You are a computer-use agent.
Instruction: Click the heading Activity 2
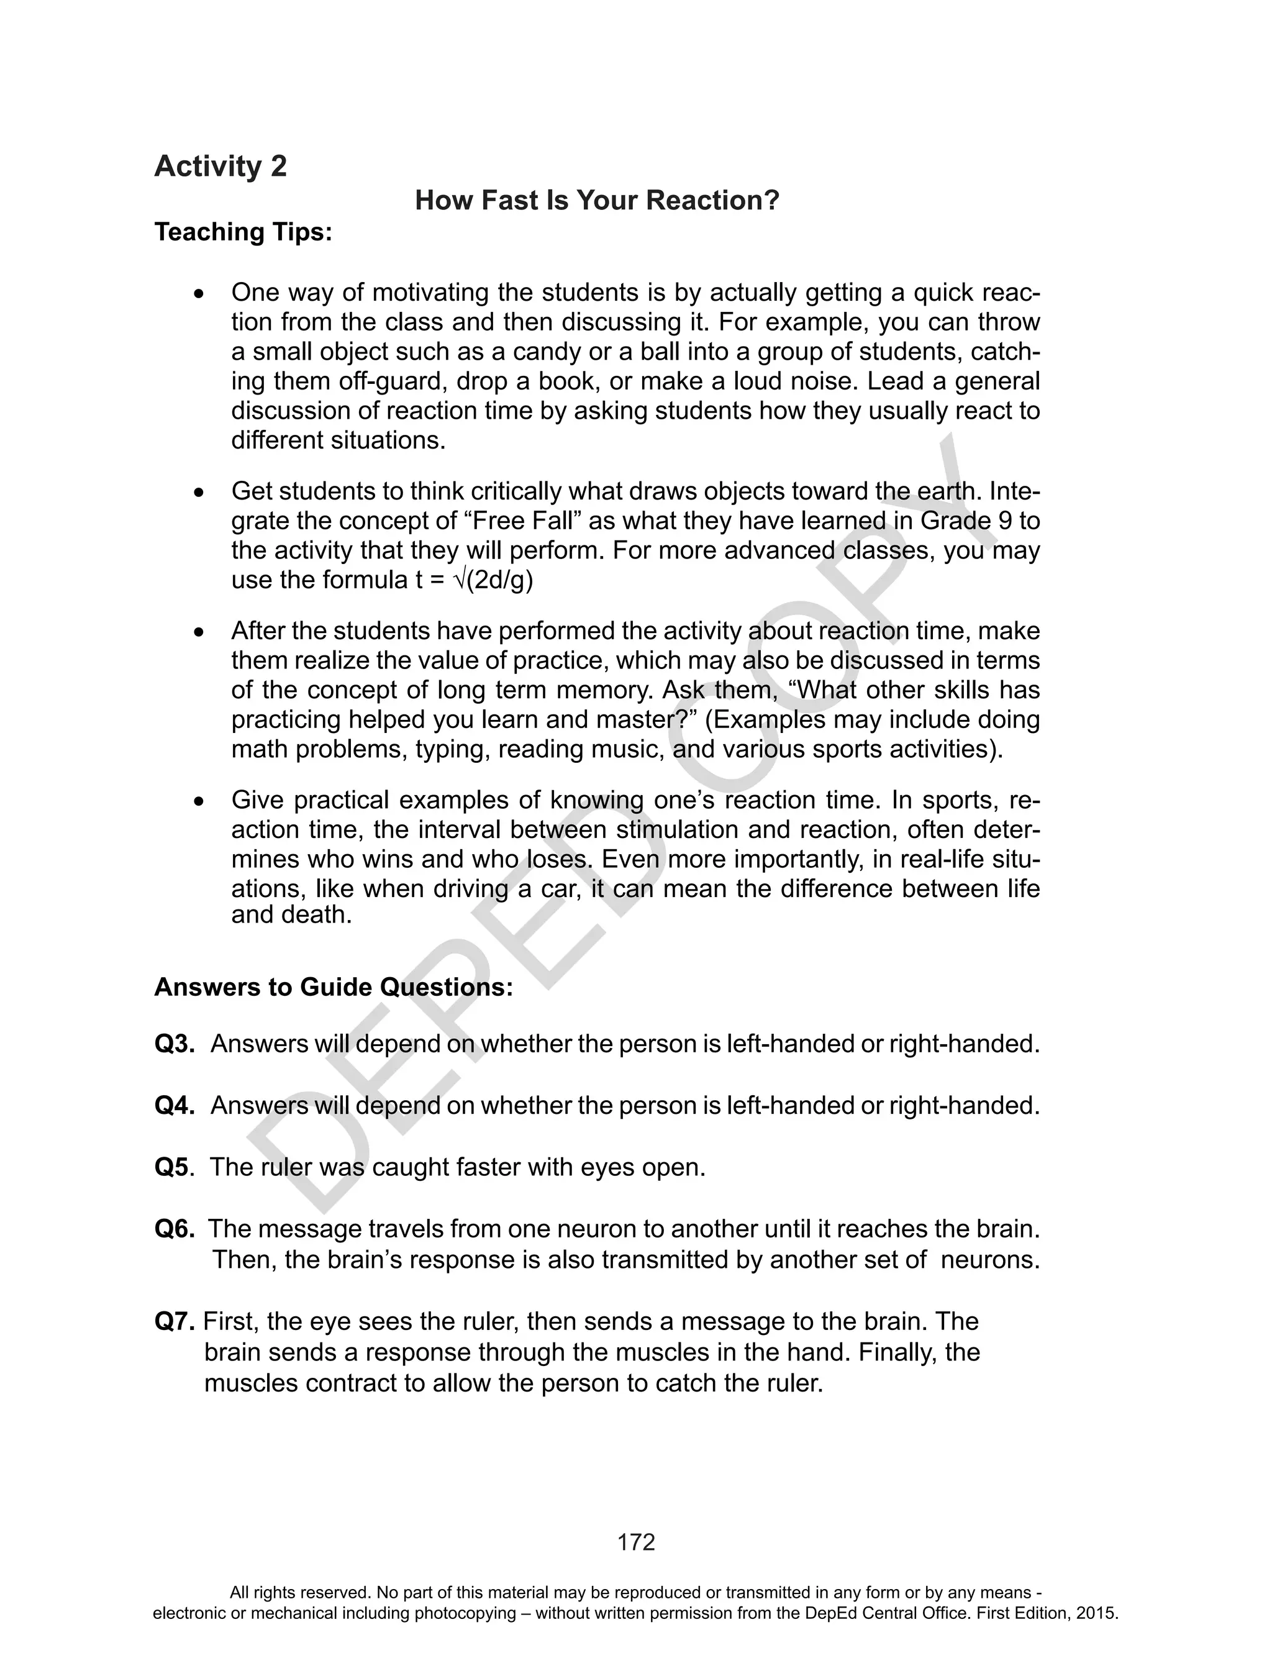coord(220,166)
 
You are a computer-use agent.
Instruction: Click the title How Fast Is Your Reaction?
coord(597,201)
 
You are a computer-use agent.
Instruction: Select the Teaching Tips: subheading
coord(243,232)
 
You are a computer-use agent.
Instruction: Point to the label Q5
coord(172,1167)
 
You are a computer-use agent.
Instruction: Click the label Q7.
coord(175,1321)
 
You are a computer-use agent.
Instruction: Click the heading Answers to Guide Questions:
coord(333,987)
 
